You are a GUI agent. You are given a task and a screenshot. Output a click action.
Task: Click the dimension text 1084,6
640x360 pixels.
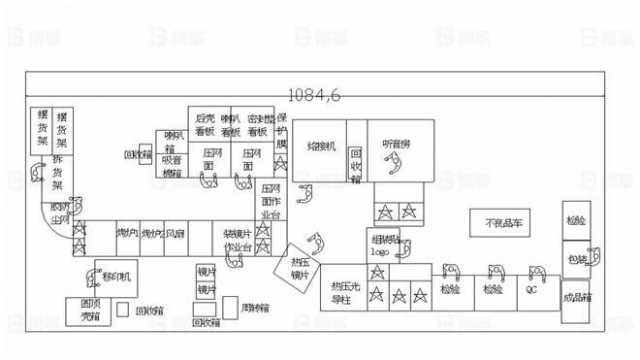tap(314, 95)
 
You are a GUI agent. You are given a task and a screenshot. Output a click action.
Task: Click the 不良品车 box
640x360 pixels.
tap(503, 223)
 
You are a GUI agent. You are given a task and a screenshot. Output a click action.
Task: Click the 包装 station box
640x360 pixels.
tap(576, 260)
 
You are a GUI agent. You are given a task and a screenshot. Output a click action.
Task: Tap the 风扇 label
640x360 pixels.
tap(175, 234)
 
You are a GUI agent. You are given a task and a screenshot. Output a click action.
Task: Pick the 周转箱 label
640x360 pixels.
tap(255, 309)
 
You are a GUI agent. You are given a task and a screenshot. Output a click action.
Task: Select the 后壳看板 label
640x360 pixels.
tap(204, 124)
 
